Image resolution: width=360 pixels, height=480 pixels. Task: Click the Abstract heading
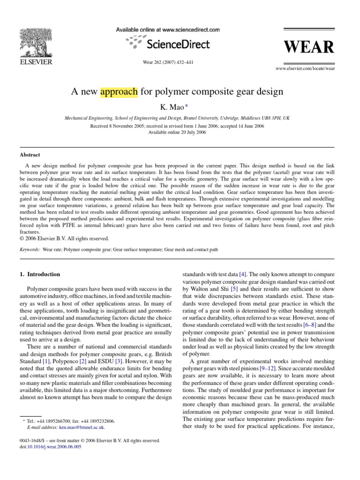point(30,155)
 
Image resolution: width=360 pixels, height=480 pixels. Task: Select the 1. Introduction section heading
point(40,274)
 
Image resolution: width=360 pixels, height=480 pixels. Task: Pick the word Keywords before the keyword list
point(30,250)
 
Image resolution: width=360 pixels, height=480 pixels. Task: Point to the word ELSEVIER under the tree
point(35,61)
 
